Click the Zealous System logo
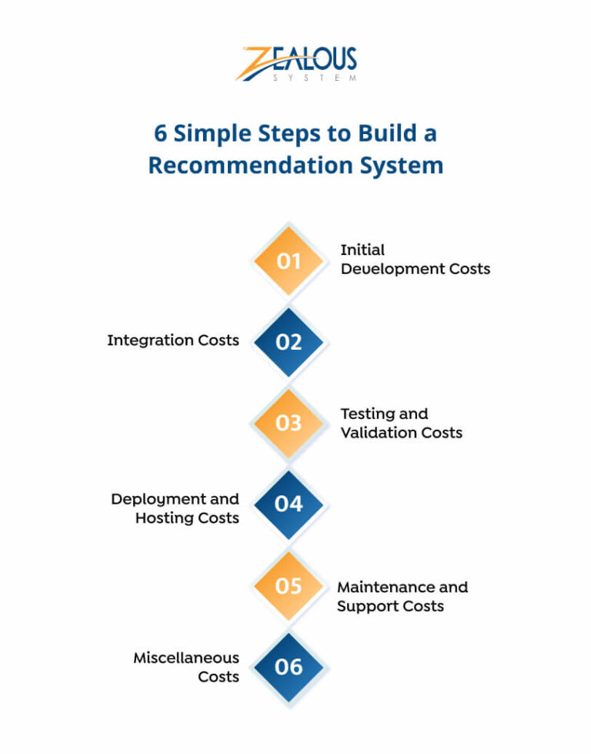(x=295, y=64)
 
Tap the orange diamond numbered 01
(x=289, y=261)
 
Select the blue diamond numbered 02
(x=289, y=342)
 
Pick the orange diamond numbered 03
(x=289, y=423)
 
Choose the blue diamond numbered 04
(x=289, y=504)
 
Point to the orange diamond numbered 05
(x=289, y=586)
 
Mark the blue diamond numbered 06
(x=289, y=667)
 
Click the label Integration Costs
(x=173, y=340)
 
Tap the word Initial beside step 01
(x=362, y=250)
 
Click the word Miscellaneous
(x=186, y=658)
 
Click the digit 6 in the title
(x=160, y=132)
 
